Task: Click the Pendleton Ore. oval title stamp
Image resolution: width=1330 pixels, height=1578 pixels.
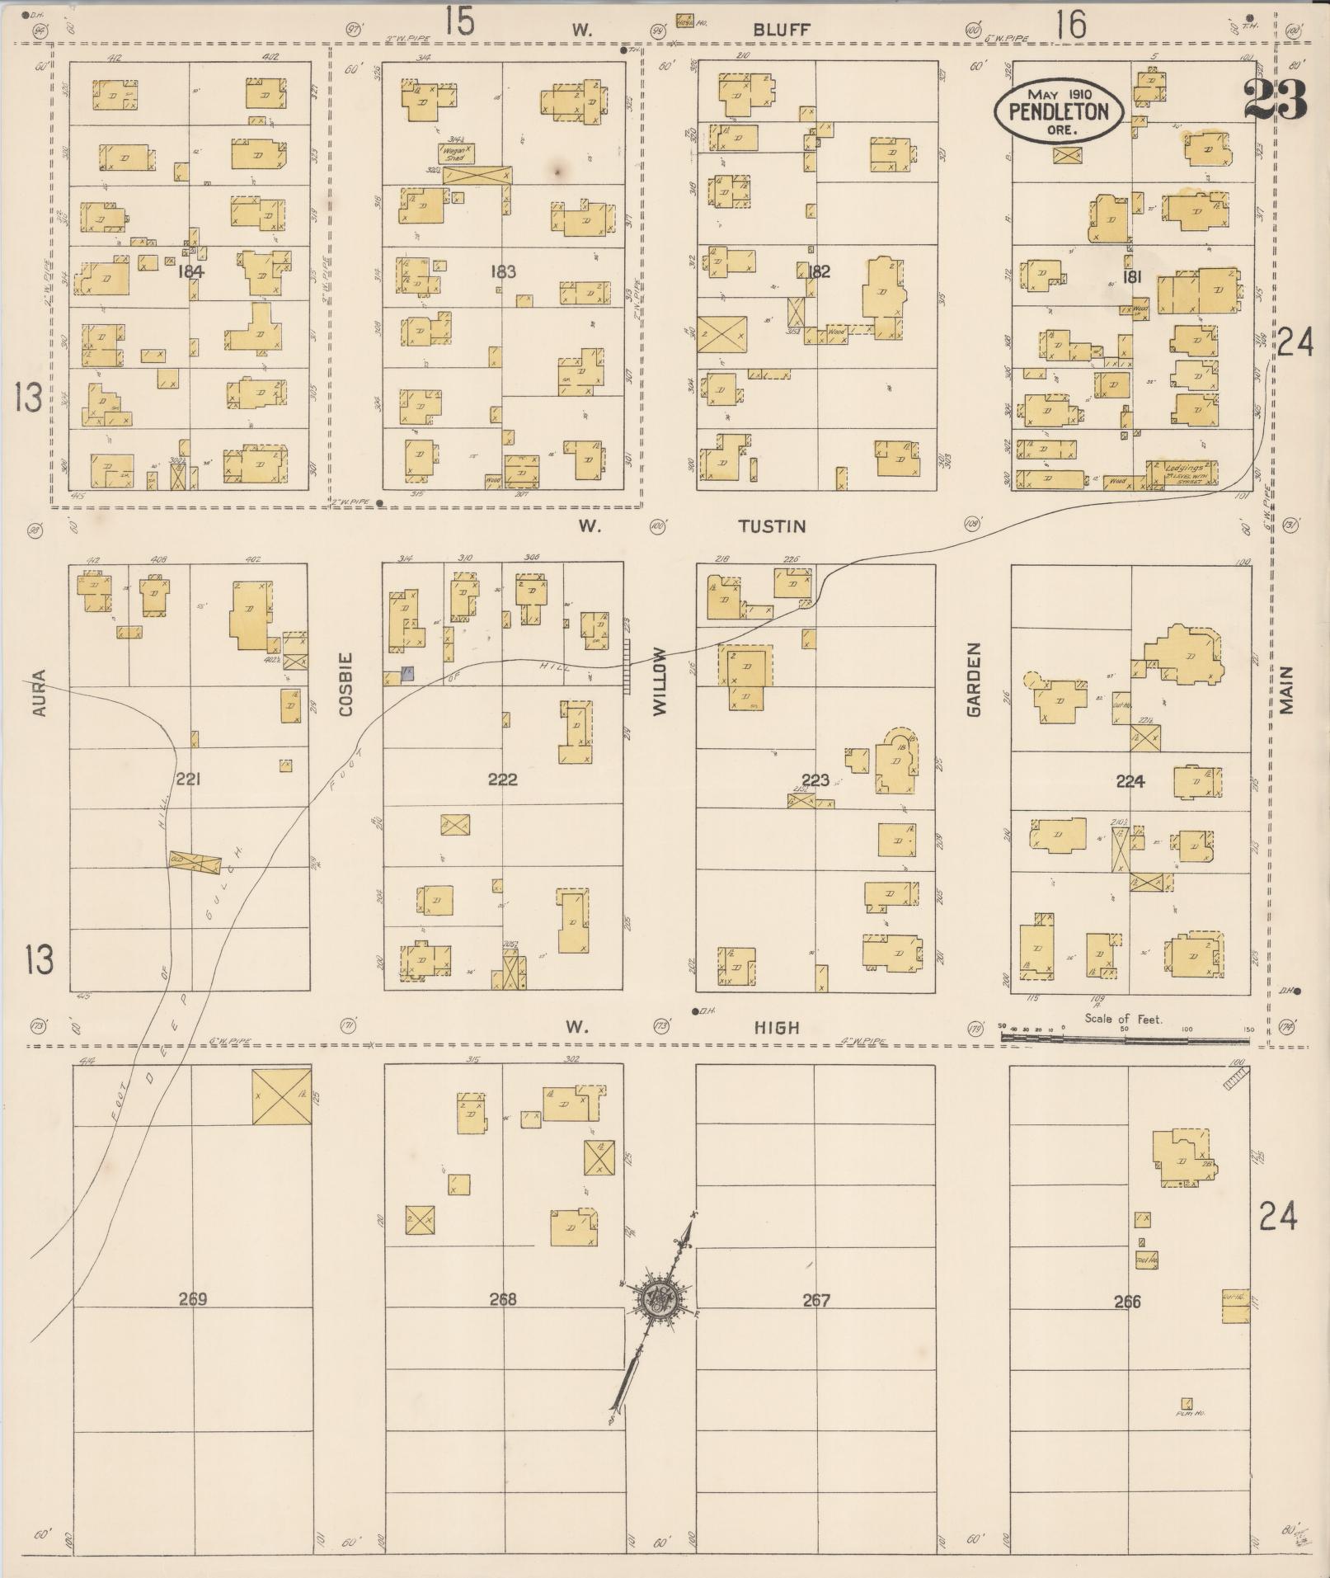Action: coord(1057,111)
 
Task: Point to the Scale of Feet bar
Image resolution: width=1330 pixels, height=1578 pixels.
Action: coord(1126,1039)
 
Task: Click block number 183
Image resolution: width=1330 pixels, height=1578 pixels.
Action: coord(502,271)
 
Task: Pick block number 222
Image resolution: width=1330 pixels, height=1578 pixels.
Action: coord(502,779)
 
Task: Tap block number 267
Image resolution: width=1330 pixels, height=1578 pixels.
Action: coord(815,1300)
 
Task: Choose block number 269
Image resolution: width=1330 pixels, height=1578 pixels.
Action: coord(192,1299)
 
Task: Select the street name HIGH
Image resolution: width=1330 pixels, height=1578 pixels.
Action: coord(778,1027)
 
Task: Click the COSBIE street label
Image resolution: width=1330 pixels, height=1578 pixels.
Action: coord(345,684)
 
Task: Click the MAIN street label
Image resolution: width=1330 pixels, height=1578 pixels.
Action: coord(1287,690)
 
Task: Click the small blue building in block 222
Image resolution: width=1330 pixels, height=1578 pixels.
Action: coord(407,674)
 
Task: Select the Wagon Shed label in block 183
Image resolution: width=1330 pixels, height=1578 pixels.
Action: coord(455,153)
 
